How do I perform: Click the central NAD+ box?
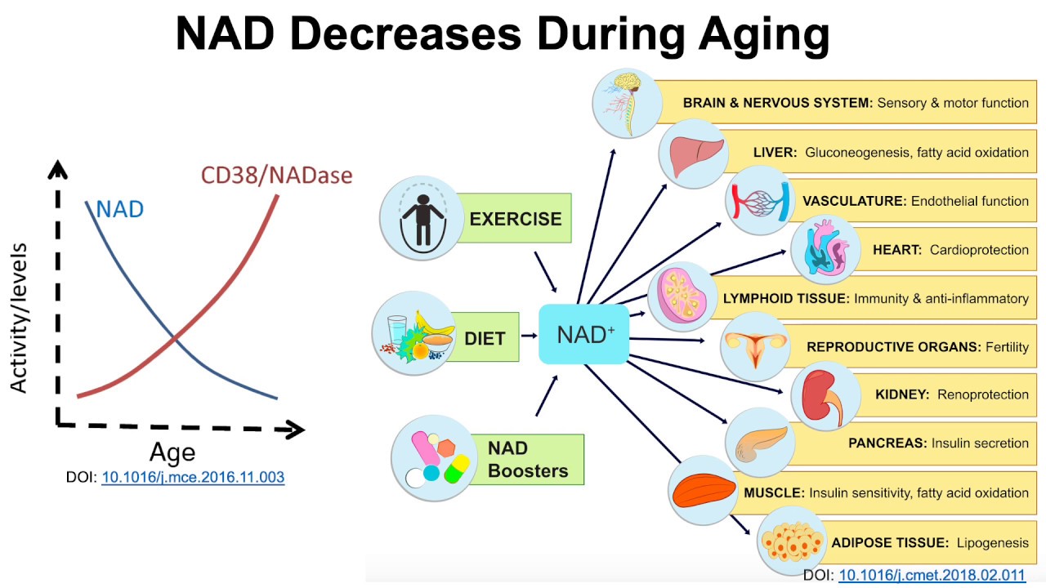click(x=583, y=335)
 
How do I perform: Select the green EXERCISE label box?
click(x=515, y=219)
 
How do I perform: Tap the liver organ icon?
click(x=694, y=154)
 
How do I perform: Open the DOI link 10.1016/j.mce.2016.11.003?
click(x=193, y=477)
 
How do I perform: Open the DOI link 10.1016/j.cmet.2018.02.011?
click(x=932, y=575)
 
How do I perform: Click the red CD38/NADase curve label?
click(x=276, y=175)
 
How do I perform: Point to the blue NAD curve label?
click(x=120, y=209)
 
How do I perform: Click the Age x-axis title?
click(x=172, y=452)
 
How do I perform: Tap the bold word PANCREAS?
click(x=887, y=443)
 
